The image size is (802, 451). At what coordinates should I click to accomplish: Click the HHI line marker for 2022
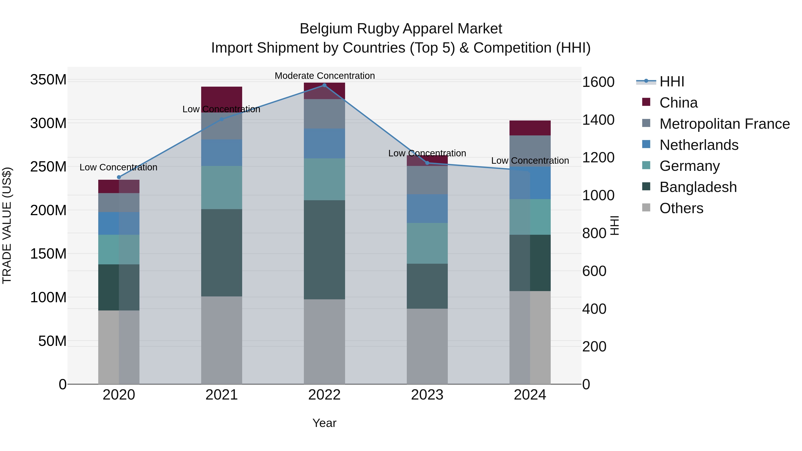pos(324,85)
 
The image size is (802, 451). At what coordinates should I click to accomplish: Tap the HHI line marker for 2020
pos(119,177)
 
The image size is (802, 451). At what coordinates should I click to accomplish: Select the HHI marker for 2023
pos(427,163)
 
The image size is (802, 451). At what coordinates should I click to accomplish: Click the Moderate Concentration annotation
pos(324,76)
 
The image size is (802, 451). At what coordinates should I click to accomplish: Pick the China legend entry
pos(678,103)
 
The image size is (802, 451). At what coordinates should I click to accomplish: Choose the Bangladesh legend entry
pos(698,187)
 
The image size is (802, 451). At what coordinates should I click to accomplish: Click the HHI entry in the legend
pos(671,82)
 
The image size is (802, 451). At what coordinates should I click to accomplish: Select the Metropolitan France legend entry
pos(724,124)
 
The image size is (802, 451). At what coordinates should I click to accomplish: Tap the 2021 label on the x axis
pos(221,395)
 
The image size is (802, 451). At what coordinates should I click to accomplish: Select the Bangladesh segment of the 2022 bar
pos(324,250)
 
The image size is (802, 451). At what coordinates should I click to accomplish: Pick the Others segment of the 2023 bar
pos(427,346)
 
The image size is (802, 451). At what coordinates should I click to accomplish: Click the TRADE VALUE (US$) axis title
pos(7,225)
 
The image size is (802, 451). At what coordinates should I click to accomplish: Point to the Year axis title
pos(324,423)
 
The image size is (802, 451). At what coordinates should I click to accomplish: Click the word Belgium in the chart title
pos(326,29)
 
